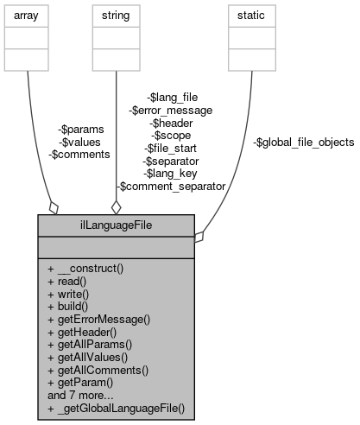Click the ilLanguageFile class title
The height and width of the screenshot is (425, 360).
tap(116, 225)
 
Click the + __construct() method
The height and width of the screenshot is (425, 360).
tap(85, 268)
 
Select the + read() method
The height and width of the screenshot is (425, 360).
tap(70, 281)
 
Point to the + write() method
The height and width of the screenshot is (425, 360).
tap(71, 293)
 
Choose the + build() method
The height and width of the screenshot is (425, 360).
tap(71, 306)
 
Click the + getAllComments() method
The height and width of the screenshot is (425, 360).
tap(98, 369)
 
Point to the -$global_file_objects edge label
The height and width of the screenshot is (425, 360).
tap(302, 142)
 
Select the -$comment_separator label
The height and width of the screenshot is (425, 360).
tap(171, 186)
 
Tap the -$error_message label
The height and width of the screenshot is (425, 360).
tap(170, 110)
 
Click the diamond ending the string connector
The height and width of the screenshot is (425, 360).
tap(116, 206)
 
